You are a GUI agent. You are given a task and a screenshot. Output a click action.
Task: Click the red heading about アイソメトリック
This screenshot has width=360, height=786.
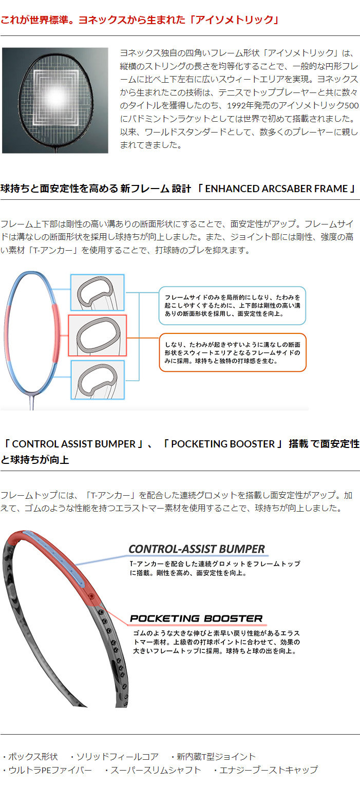[x=140, y=20]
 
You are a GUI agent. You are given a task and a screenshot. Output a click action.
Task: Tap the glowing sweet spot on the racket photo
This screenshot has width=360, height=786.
[x=56, y=96]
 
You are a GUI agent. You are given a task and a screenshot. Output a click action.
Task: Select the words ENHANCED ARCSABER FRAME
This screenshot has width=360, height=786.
[x=276, y=189]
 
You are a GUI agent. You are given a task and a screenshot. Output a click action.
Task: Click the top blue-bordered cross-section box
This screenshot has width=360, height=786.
[x=98, y=292]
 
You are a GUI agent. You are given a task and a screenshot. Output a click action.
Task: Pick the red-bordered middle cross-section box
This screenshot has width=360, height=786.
[x=97, y=335]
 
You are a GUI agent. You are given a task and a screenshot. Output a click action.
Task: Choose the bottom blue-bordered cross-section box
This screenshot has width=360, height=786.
[x=98, y=380]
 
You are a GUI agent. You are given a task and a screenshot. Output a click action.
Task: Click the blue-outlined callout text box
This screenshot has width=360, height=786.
[x=232, y=306]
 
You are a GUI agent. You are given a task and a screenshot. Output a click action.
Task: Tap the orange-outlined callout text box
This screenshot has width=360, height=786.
[x=233, y=352]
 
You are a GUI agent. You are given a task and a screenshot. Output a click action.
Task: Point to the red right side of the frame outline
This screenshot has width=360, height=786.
[x=56, y=333]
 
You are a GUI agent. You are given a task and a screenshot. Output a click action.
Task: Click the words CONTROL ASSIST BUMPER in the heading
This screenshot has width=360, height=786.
[x=73, y=444]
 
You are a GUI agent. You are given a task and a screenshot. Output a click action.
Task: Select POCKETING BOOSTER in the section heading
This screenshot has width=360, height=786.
[x=223, y=444]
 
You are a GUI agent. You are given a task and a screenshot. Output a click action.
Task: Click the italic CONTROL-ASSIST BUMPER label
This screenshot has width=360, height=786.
[x=197, y=549]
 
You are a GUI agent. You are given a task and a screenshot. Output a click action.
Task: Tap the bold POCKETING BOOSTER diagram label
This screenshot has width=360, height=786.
[x=196, y=619]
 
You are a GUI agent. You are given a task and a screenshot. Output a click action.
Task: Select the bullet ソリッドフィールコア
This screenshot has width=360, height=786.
[x=114, y=757]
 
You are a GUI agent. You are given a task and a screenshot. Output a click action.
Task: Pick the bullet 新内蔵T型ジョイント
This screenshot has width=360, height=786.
[x=213, y=757]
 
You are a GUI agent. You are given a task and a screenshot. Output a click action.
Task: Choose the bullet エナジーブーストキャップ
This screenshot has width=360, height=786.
[x=266, y=770]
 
